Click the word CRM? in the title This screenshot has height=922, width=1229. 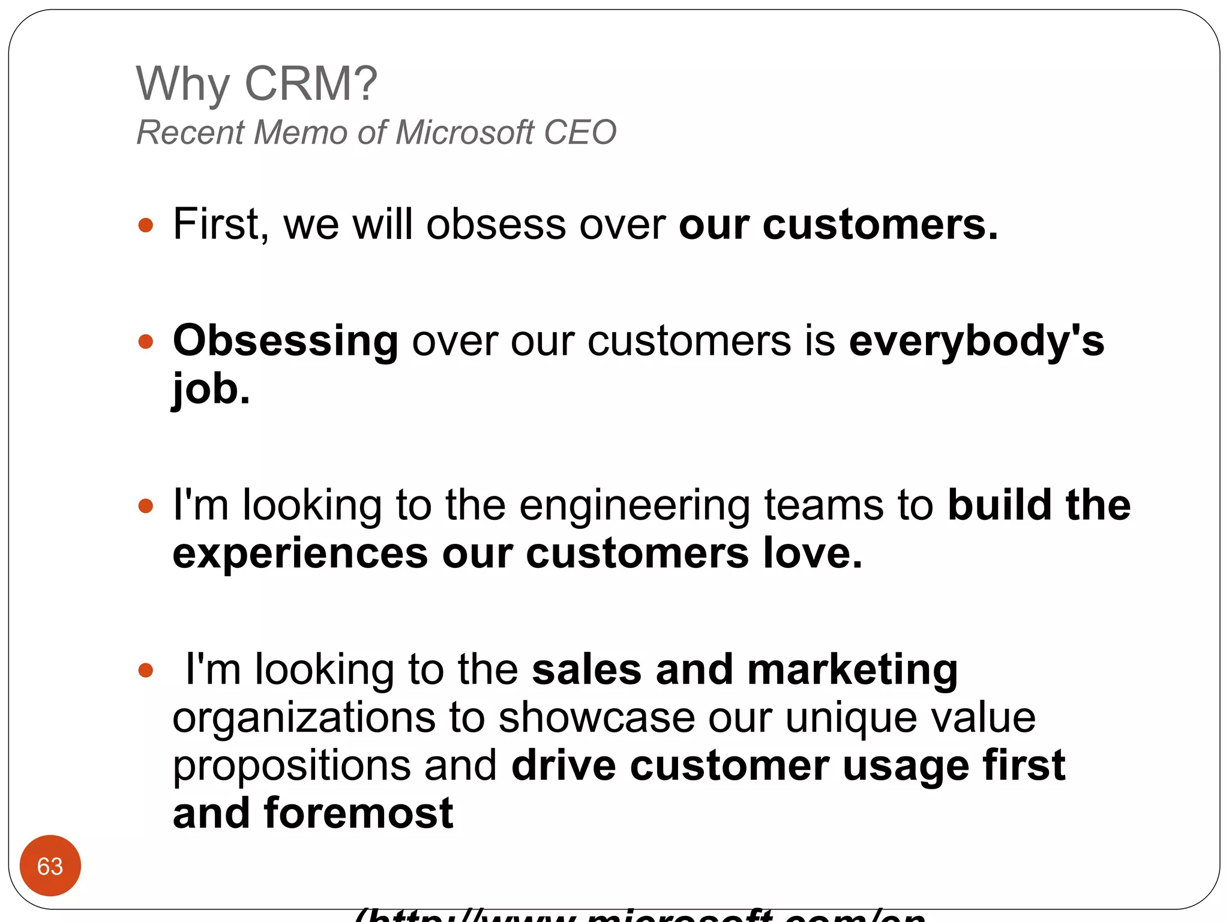point(311,84)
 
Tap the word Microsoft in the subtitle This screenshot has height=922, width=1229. point(464,133)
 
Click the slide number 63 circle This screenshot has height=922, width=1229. point(50,866)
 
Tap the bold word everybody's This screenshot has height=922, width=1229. point(976,341)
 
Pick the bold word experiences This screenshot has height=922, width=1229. point(300,554)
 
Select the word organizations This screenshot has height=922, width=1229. point(304,719)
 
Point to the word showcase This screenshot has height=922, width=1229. point(596,717)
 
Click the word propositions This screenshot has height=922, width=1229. point(292,767)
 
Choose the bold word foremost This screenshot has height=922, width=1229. point(358,813)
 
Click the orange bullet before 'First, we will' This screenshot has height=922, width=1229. point(146,226)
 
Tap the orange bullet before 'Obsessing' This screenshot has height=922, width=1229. point(146,342)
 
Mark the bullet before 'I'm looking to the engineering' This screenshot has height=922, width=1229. point(146,506)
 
